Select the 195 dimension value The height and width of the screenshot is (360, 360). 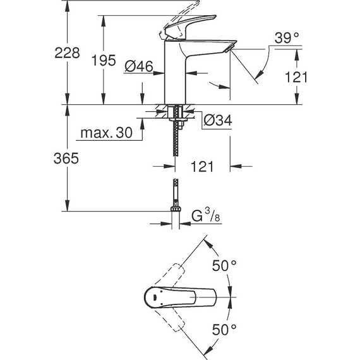click(104, 61)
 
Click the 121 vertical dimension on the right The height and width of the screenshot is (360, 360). click(296, 77)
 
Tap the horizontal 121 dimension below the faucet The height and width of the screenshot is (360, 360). click(202, 167)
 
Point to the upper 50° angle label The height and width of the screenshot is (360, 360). click(224, 266)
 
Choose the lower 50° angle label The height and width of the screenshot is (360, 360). click(224, 329)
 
